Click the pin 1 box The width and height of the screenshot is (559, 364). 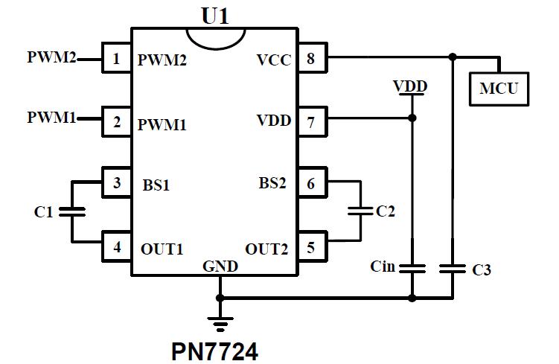tap(116, 58)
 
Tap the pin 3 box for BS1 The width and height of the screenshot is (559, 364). tap(116, 182)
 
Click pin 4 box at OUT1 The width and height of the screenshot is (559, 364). tap(116, 245)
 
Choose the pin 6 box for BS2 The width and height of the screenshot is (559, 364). tap(311, 182)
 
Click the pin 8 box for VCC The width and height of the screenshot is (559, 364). tap(311, 57)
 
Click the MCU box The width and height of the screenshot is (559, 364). tap(498, 89)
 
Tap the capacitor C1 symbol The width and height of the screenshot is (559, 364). tap(72, 212)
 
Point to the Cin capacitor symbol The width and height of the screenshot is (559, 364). tap(412, 267)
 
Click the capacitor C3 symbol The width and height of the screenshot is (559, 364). tap(453, 268)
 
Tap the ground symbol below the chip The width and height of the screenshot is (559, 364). tap(220, 322)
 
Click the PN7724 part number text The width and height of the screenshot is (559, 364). tap(215, 350)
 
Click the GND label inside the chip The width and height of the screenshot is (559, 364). tap(220, 266)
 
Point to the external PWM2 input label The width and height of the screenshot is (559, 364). tap(51, 57)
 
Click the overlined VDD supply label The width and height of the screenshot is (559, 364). tap(410, 87)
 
